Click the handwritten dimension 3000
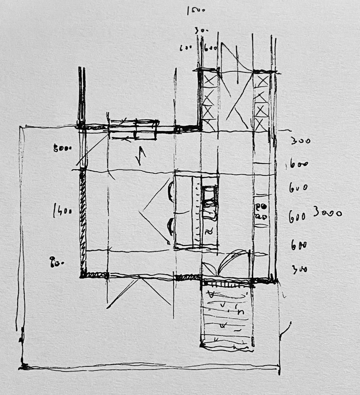(x=327, y=212)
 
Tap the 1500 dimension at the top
(x=195, y=10)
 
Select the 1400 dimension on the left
(x=63, y=211)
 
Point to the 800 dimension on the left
(x=63, y=148)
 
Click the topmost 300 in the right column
(x=301, y=141)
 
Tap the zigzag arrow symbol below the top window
(x=142, y=156)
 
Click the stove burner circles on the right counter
(x=261, y=211)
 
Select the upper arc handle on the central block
(x=170, y=192)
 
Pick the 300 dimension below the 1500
(x=199, y=30)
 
